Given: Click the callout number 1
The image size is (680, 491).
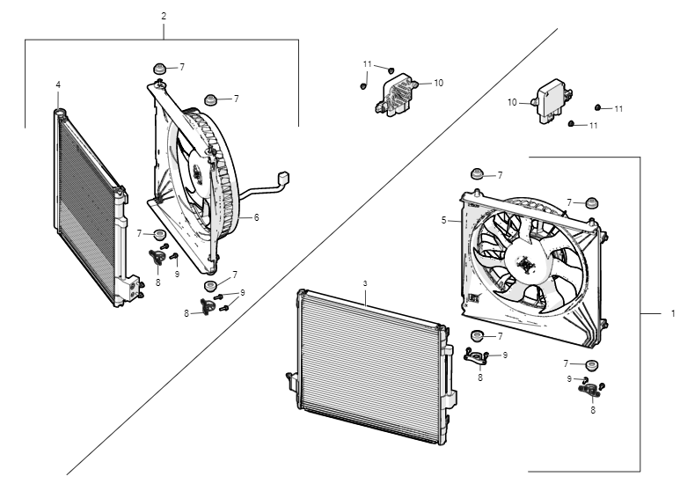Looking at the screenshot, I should point(672,313).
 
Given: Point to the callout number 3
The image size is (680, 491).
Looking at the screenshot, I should point(363,283).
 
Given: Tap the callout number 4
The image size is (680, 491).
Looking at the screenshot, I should point(58,84).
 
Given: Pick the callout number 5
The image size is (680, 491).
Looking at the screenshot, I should point(445,221).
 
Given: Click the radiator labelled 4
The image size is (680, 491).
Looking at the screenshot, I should point(88,207).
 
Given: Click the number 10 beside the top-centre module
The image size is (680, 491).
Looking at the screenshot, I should point(438,83).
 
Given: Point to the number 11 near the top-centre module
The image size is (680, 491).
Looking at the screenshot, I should point(368,64).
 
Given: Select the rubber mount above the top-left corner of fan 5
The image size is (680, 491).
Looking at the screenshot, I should point(477,172).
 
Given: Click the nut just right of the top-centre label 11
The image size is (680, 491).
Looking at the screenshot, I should point(391,68).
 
